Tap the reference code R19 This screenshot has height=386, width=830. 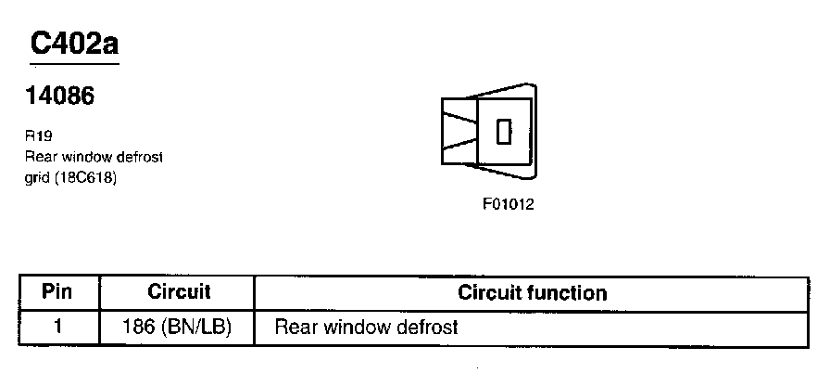(40, 134)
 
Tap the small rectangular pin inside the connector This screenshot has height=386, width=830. (504, 132)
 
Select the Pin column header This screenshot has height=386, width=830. (57, 292)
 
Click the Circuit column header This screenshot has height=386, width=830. (179, 292)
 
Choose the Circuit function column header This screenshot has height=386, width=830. (533, 293)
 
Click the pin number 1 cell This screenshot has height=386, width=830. (57, 327)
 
